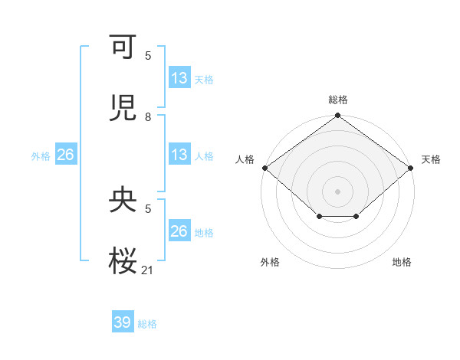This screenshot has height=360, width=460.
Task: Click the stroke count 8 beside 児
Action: tap(148, 117)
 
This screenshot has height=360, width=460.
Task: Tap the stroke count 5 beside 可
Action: tap(148, 56)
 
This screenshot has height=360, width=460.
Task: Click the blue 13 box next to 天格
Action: tap(179, 78)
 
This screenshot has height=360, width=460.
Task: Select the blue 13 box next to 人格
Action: tap(179, 155)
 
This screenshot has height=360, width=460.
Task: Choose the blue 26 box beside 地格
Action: tap(179, 231)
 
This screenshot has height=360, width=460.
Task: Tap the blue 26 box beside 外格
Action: tap(65, 155)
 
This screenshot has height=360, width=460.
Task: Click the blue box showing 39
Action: tap(123, 322)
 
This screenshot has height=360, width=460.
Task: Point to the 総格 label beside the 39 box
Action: tap(147, 324)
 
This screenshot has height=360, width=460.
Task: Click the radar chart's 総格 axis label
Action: tap(338, 100)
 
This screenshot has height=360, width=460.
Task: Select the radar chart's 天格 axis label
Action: tap(431, 159)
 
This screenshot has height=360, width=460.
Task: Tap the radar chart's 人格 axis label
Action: tap(245, 159)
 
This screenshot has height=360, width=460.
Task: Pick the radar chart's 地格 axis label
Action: tap(402, 262)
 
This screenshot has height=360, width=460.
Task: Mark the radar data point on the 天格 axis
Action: tap(412, 168)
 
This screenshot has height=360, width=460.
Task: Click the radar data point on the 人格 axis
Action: tap(264, 168)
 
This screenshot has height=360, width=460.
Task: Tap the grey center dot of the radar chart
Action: tap(338, 191)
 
